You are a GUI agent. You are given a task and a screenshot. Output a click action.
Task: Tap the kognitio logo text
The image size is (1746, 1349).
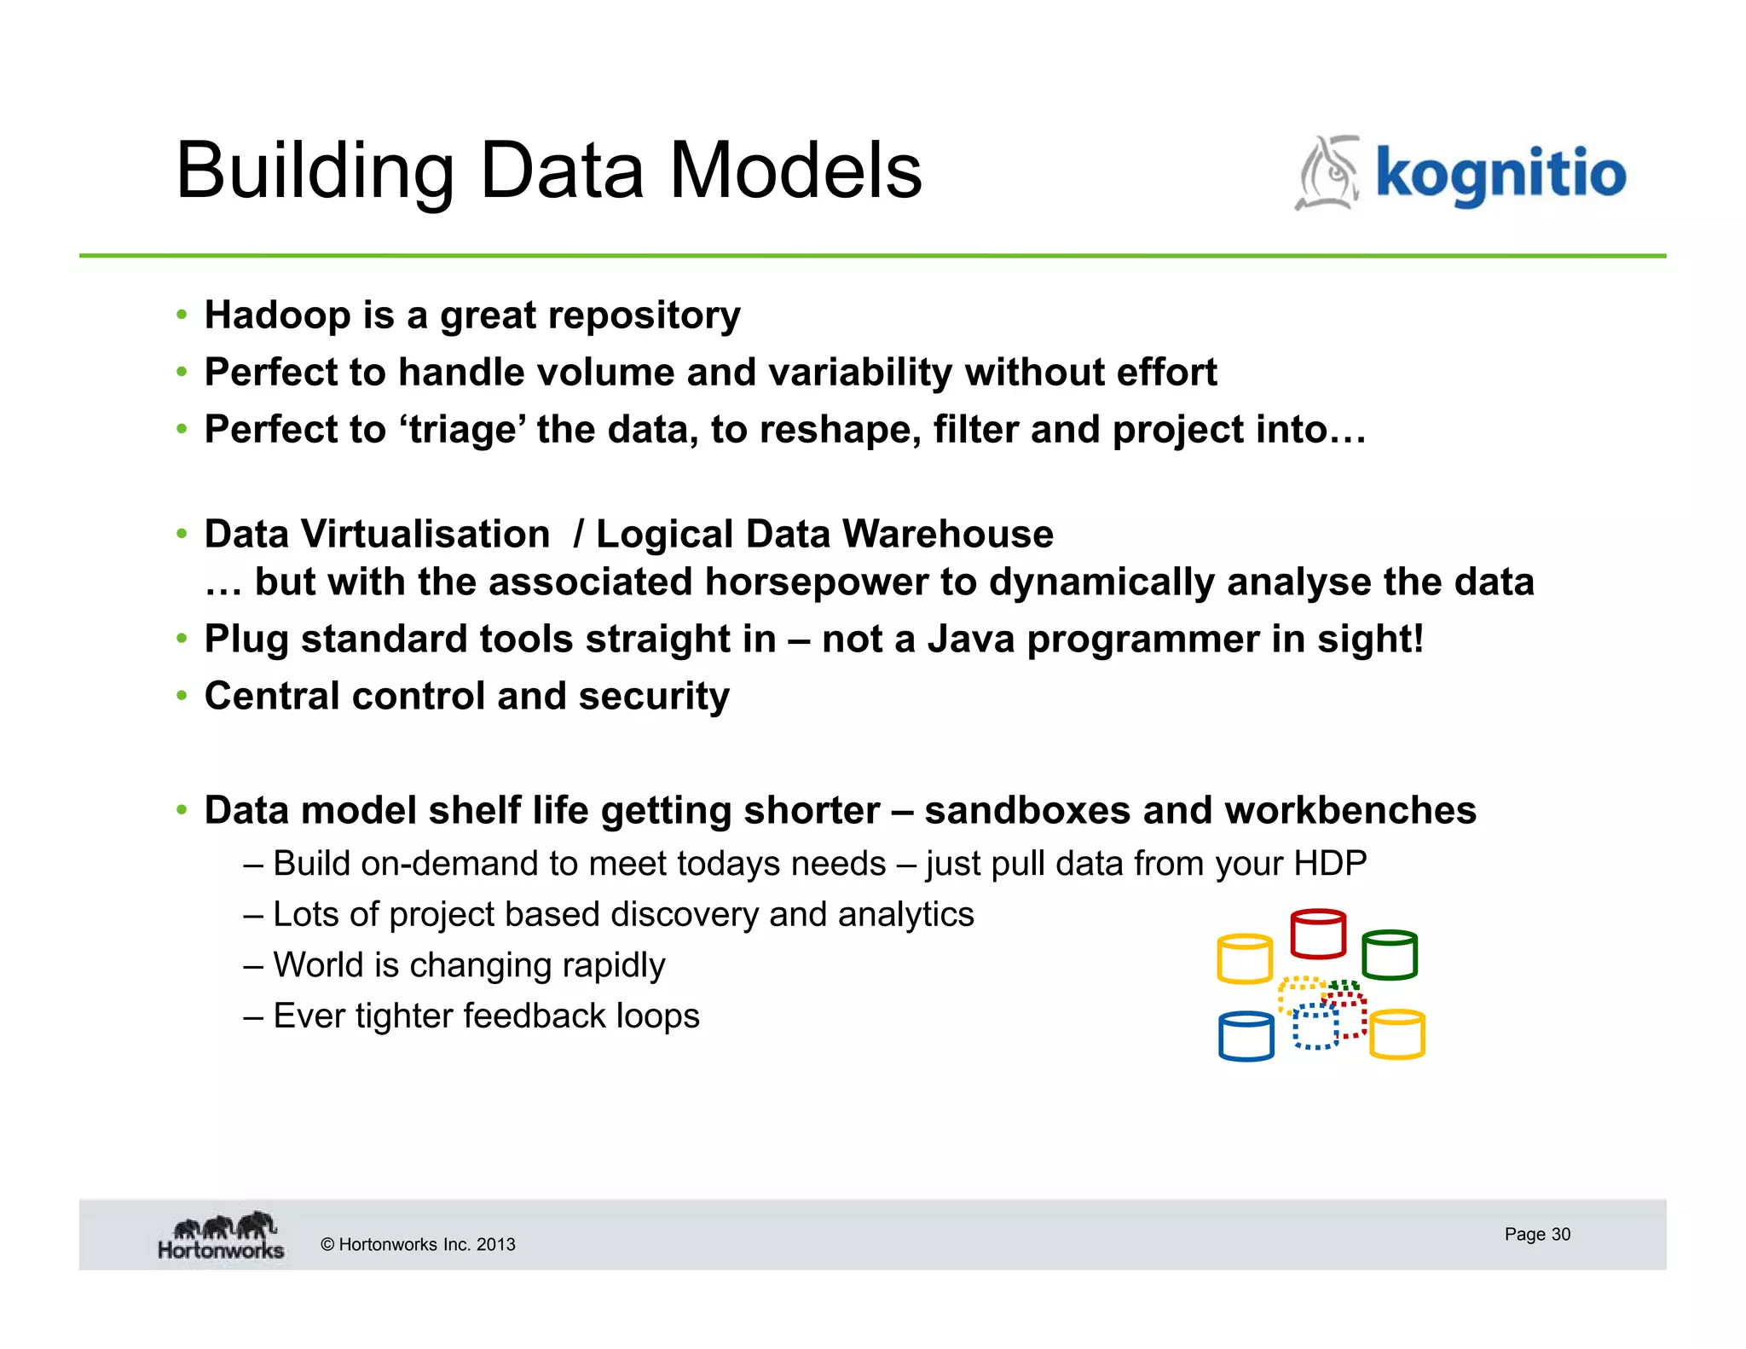tap(1500, 173)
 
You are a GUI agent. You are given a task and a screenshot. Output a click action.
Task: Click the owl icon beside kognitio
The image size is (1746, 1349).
tap(1328, 173)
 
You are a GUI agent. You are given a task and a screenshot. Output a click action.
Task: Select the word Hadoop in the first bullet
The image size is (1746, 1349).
tap(277, 316)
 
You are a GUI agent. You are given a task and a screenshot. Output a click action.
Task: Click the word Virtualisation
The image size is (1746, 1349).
tap(425, 535)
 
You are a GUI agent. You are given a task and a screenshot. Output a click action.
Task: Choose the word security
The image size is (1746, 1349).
tap(654, 697)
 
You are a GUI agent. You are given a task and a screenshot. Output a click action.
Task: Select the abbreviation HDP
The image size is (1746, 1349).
tap(1330, 864)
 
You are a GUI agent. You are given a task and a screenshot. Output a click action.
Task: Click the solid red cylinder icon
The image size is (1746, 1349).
tap(1318, 935)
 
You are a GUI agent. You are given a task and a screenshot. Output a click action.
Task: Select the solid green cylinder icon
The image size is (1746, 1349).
tap(1390, 955)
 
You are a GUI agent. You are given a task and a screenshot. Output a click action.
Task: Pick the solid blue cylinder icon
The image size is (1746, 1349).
tap(1246, 1036)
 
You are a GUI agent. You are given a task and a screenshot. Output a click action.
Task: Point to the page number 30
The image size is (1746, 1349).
tap(1560, 1235)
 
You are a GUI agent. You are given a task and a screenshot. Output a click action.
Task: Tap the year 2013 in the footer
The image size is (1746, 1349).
tap(495, 1245)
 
